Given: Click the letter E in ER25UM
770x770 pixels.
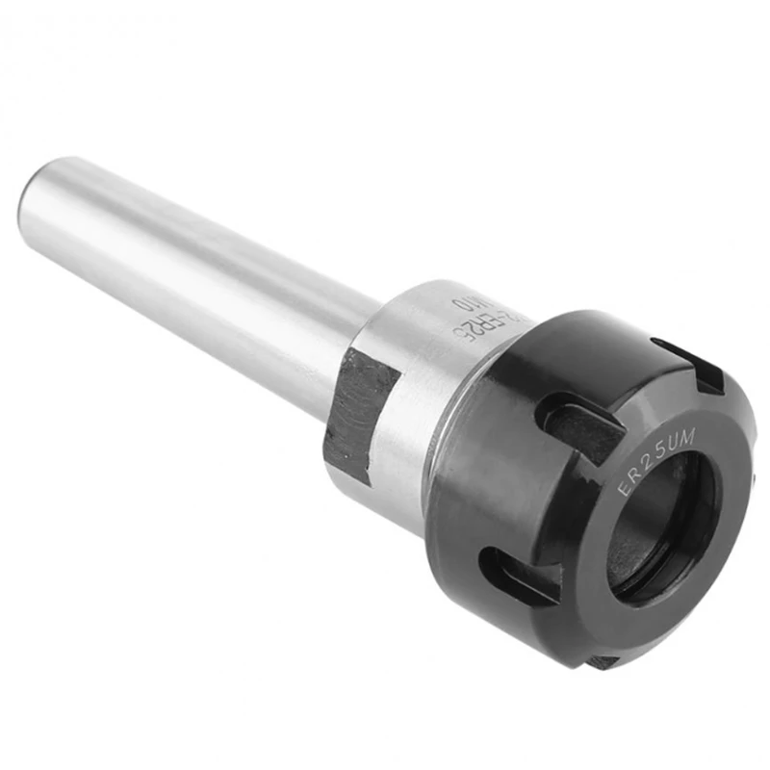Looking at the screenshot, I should pos(623,489).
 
